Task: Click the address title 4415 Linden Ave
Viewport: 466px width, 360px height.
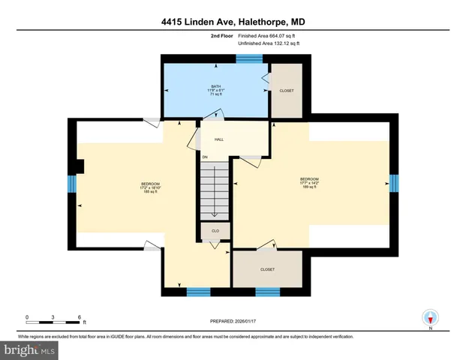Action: (x=233, y=22)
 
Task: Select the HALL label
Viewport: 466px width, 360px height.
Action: (x=219, y=139)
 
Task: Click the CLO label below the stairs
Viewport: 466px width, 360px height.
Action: (x=215, y=230)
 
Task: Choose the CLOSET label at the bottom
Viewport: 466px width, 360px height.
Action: (x=267, y=269)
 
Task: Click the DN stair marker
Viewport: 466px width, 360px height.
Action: (x=204, y=157)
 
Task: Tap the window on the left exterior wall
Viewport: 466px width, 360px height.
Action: (x=72, y=184)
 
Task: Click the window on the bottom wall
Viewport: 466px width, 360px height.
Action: (x=197, y=292)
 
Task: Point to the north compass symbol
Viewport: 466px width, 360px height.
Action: (x=430, y=317)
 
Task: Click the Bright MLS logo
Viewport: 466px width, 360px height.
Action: (x=29, y=349)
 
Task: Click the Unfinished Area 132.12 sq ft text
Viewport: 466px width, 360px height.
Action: (x=268, y=43)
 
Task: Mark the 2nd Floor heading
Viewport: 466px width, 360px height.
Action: (x=221, y=35)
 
